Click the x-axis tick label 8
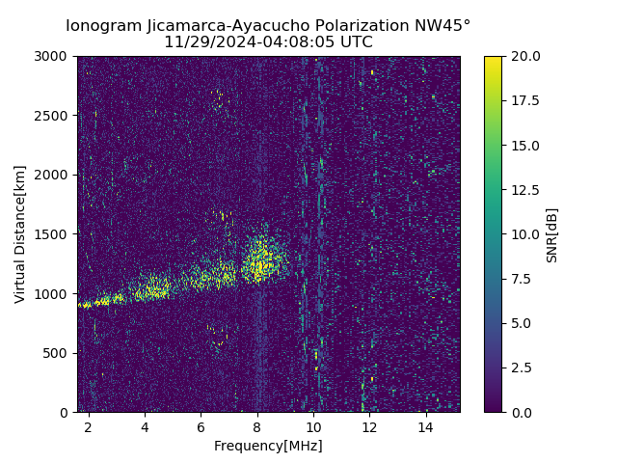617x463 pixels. pos(257,426)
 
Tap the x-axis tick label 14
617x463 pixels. pos(426,426)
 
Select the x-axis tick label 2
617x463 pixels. pos(89,426)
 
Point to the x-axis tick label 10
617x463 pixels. pos(313,426)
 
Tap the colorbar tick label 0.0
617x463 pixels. pos(521,412)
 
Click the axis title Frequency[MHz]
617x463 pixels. pos(268,446)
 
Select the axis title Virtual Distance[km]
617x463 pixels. pos(20,234)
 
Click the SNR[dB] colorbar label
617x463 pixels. pos(551,234)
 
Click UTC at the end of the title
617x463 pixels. pos(355,42)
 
